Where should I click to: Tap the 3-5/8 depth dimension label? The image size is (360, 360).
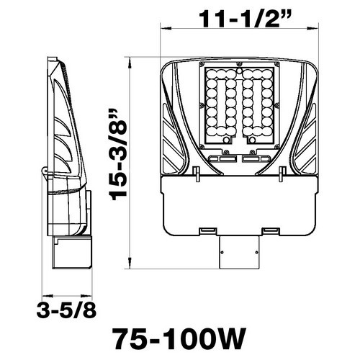[66, 311]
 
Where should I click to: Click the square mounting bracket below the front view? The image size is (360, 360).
[238, 252]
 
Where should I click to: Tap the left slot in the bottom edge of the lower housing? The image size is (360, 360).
[207, 230]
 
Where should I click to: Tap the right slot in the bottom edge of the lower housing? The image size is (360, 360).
[271, 230]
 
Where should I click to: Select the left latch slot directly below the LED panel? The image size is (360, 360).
[219, 158]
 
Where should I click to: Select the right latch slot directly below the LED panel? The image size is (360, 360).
[258, 158]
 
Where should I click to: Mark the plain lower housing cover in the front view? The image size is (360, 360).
[238, 205]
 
